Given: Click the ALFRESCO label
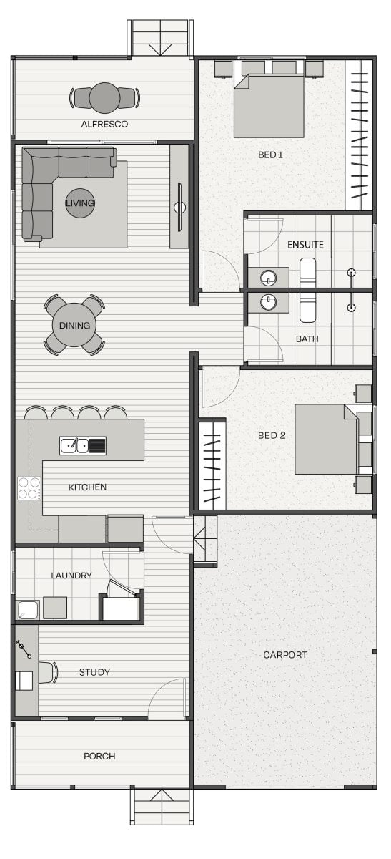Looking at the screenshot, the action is (x=104, y=125).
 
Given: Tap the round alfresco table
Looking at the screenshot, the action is (x=104, y=98).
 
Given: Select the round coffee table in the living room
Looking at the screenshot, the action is (x=79, y=203).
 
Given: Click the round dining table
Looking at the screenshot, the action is (x=74, y=325).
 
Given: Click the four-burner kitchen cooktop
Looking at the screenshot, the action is (x=29, y=488).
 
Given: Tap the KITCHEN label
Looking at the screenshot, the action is (x=87, y=487).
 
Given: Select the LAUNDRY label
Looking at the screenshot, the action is (x=71, y=576).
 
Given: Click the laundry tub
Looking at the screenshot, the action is (x=29, y=610).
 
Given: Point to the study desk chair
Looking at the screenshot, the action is (x=48, y=673).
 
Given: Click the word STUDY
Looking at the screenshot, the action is (x=94, y=672).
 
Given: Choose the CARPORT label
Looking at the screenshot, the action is (x=285, y=655).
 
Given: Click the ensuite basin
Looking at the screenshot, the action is (x=268, y=278).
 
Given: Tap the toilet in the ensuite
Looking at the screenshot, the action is (x=307, y=272).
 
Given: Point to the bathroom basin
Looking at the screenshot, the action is (x=268, y=302).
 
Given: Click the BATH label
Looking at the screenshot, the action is (x=307, y=339).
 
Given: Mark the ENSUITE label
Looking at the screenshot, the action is (x=305, y=245).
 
